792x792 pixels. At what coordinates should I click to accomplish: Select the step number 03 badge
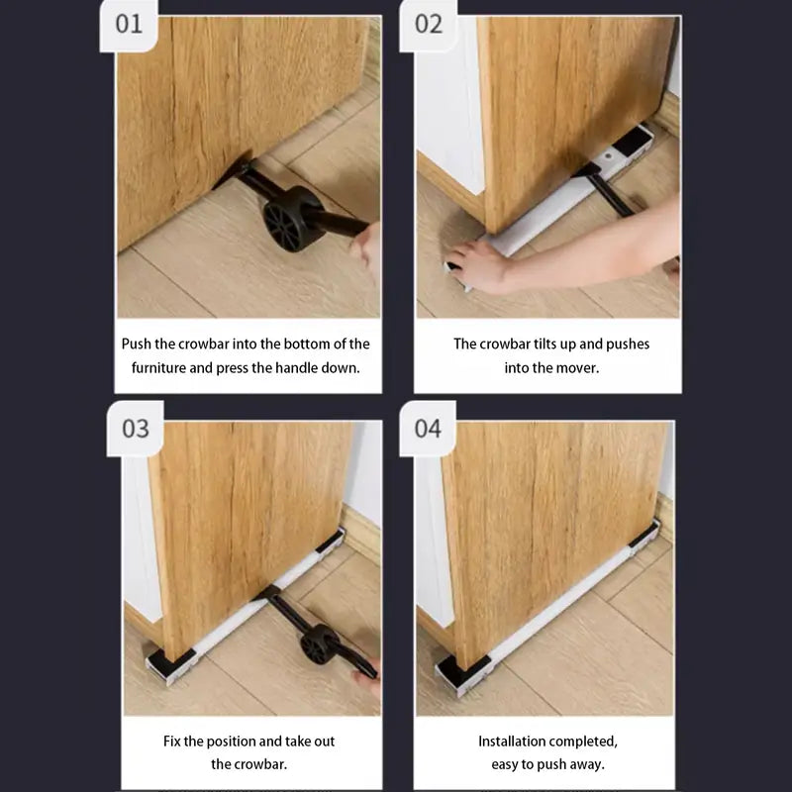pyautogui.click(x=136, y=429)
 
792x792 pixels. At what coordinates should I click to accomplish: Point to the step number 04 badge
pyautogui.click(x=428, y=429)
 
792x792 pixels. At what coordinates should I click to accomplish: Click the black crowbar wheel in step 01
pyautogui.click(x=290, y=219)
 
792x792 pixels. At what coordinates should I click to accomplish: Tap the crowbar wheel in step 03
pyautogui.click(x=319, y=644)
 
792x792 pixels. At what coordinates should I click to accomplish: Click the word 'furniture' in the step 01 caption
pyautogui.click(x=158, y=367)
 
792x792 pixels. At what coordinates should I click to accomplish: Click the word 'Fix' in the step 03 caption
pyautogui.click(x=171, y=741)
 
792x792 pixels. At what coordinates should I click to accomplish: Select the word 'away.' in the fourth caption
pyautogui.click(x=588, y=764)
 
